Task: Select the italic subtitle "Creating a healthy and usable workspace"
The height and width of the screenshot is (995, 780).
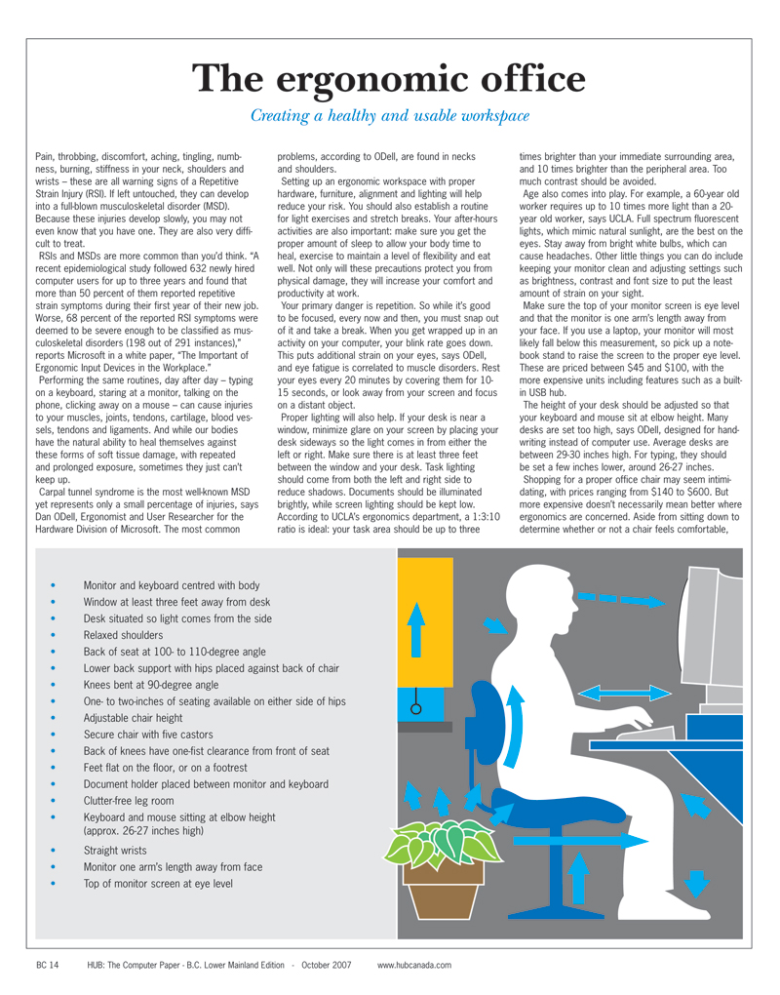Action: (390, 115)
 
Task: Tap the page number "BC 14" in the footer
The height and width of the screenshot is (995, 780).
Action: (47, 965)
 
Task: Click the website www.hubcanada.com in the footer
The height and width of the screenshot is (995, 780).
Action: (414, 965)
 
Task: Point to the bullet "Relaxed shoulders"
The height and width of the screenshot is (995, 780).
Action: (123, 634)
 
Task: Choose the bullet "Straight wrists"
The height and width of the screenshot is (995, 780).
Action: (115, 850)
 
